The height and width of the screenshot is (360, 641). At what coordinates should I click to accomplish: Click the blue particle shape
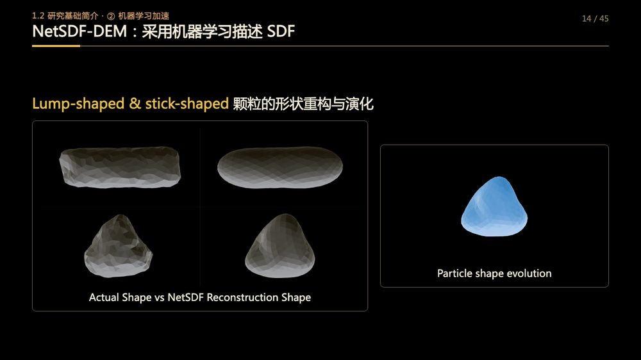(494, 207)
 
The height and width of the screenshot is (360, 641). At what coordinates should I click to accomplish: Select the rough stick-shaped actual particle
(120, 167)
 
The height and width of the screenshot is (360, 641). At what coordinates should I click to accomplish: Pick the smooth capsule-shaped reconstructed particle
(280, 168)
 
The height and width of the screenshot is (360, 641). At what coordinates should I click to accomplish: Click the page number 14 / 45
(595, 19)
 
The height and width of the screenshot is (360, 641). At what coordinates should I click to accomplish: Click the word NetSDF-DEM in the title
(79, 31)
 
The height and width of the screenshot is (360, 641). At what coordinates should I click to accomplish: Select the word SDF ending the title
(281, 31)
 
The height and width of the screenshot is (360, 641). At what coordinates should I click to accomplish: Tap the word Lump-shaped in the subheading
(78, 104)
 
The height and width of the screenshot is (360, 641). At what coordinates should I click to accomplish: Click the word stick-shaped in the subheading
(187, 104)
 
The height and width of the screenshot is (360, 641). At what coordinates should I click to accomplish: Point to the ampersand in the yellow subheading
(135, 103)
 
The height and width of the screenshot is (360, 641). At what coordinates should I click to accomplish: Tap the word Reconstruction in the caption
(242, 297)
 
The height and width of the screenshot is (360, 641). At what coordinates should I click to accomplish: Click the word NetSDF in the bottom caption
(186, 297)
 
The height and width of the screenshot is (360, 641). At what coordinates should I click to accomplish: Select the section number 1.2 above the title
(38, 16)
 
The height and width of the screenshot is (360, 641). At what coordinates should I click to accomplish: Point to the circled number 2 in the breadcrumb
(111, 17)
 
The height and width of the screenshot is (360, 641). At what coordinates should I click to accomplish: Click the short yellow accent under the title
(56, 45)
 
